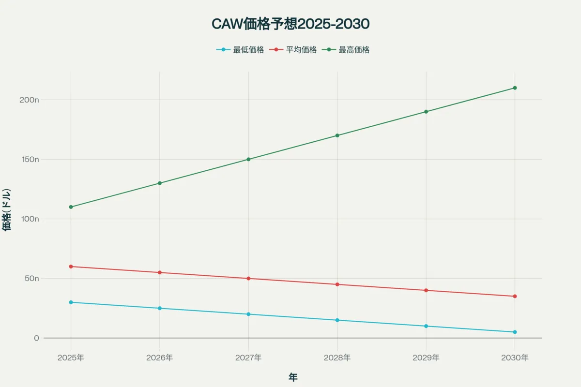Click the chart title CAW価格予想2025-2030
point(290,24)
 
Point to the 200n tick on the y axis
point(30,100)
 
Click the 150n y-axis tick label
point(30,159)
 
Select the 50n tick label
point(31,279)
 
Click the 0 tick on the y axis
point(36,338)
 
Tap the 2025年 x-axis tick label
point(71,358)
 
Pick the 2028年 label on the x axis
point(337,358)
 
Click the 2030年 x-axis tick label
point(515,358)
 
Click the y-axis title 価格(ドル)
point(7,209)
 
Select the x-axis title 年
point(293,377)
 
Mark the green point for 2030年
point(515,88)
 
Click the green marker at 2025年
point(71,207)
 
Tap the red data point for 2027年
point(248,279)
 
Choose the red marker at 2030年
point(515,296)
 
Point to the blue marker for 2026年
point(160,308)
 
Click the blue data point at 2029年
point(426,326)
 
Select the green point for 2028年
point(337,135)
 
